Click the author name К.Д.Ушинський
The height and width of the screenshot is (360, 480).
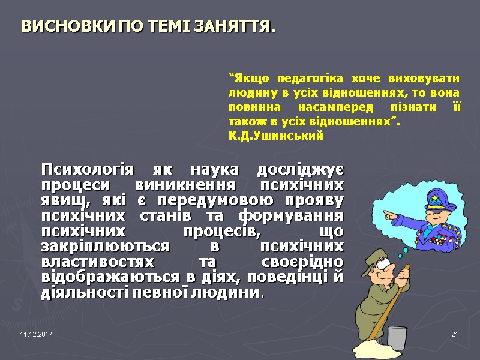275,136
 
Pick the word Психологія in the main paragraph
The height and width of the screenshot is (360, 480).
84,169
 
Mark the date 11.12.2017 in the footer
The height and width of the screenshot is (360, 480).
36,334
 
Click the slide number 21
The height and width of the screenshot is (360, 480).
454,334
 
